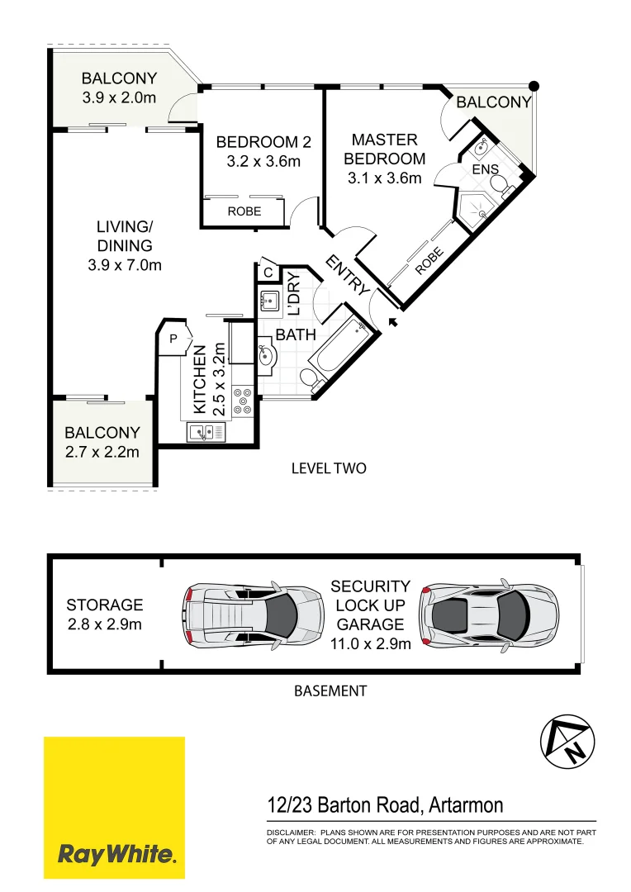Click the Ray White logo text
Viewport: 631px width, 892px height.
click(x=115, y=853)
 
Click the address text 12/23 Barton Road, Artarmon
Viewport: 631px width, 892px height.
click(x=385, y=804)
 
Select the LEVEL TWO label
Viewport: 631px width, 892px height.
click(x=328, y=468)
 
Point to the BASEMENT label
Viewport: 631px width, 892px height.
click(x=330, y=690)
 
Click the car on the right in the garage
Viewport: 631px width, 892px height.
click(x=487, y=614)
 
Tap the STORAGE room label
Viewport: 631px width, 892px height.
click(x=104, y=605)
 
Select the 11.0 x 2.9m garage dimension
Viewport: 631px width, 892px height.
click(x=370, y=644)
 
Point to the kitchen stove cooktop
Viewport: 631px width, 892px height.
click(x=243, y=400)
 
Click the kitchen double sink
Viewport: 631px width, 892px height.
click(x=204, y=431)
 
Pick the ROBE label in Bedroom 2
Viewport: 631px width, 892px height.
click(x=244, y=211)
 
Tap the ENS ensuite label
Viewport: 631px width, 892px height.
click(x=485, y=169)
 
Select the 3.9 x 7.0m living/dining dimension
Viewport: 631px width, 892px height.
click(x=125, y=265)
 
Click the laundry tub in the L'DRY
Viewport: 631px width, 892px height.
click(x=270, y=301)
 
